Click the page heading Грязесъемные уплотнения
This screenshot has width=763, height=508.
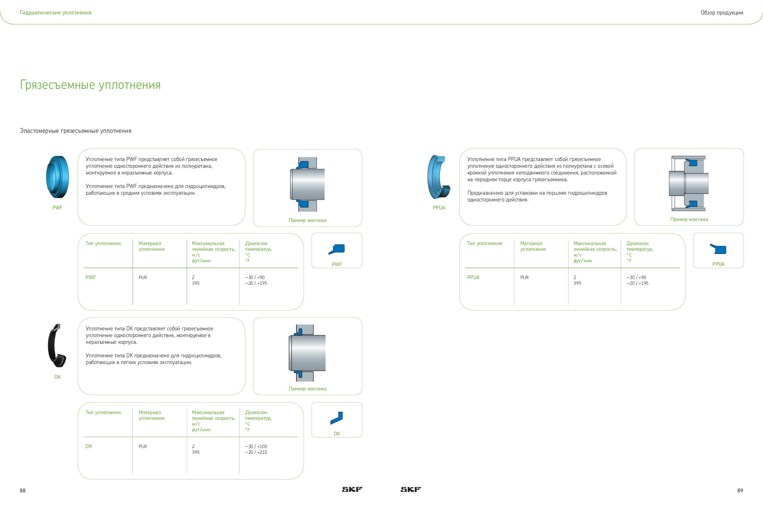pyautogui.click(x=90, y=85)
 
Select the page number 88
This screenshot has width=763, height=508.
pyautogui.click(x=23, y=490)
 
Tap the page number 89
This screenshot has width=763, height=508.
pyautogui.click(x=740, y=490)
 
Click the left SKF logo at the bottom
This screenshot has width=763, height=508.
pyautogui.click(x=352, y=489)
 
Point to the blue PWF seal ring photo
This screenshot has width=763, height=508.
pyautogui.click(x=57, y=177)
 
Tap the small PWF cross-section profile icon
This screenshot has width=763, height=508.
pyautogui.click(x=337, y=249)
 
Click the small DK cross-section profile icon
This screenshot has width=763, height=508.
pyautogui.click(x=336, y=418)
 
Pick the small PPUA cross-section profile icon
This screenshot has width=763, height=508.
pyautogui.click(x=718, y=249)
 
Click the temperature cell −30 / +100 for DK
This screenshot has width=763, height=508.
pyautogui.click(x=256, y=446)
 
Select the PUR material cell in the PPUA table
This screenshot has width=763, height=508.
pyautogui.click(x=524, y=278)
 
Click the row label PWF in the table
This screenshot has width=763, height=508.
pyautogui.click(x=91, y=277)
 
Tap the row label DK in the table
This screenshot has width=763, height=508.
pyautogui.click(x=89, y=446)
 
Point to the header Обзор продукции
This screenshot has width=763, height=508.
pyautogui.click(x=722, y=13)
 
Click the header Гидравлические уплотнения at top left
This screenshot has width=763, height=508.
pyautogui.click(x=56, y=13)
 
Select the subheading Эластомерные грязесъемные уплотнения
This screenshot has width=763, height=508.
pyautogui.click(x=75, y=131)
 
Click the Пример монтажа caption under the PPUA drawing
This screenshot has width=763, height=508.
pyautogui.click(x=689, y=219)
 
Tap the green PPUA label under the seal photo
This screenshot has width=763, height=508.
pyautogui.click(x=439, y=208)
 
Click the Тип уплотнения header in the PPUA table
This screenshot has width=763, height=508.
pyautogui.click(x=485, y=243)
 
